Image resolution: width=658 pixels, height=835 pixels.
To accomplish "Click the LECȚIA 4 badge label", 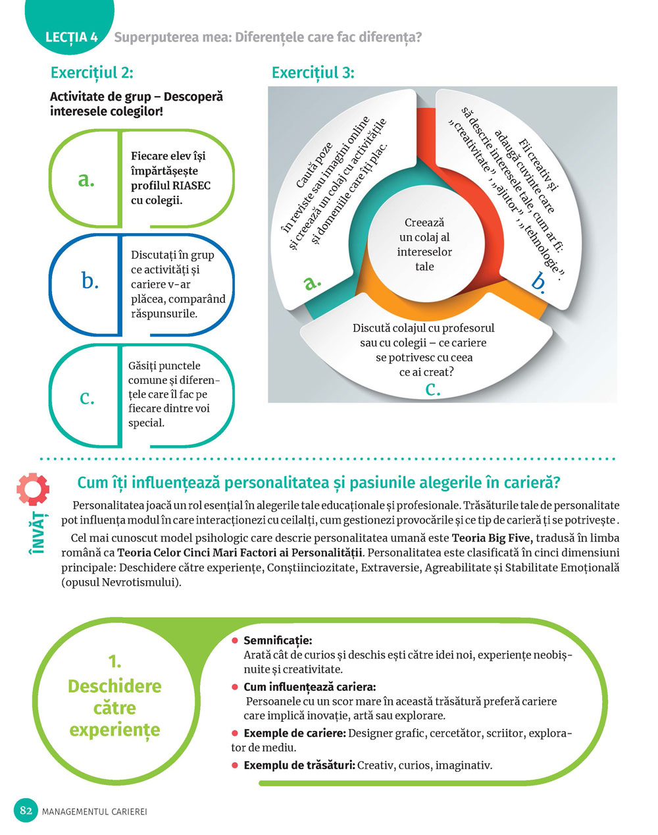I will coord(71,37).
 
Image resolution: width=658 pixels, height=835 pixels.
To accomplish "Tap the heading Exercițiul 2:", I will coord(91,72).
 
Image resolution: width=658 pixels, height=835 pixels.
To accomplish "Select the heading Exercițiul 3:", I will coord(313,72).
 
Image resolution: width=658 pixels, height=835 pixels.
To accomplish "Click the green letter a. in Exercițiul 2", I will coord(86,179).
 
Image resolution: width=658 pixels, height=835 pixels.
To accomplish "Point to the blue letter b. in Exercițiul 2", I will coord(89,281).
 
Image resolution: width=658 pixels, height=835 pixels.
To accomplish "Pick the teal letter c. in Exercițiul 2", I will coord(87,396).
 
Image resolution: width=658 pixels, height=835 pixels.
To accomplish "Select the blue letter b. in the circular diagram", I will coord(538,282).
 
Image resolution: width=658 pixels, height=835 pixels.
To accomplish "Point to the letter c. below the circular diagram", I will coord(432,389).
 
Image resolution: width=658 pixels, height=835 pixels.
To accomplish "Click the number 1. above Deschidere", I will coord(114,661).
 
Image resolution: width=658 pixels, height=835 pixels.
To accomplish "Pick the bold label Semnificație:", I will coord(278,640).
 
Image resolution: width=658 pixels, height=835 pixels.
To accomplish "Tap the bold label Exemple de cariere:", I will coord(294,733).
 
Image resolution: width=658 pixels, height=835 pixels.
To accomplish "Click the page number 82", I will coord(26,811).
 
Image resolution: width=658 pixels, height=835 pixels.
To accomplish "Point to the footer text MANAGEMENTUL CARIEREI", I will coord(94,811).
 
